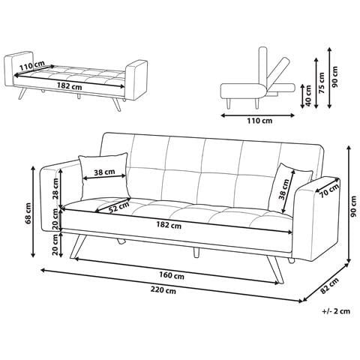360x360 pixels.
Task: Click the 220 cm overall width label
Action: coord(163,290)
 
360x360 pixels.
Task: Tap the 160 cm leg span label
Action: coord(172,276)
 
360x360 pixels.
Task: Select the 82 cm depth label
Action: coord(329,286)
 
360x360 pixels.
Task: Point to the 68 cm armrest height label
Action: coord(28,213)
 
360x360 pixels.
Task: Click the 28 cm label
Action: coord(55,188)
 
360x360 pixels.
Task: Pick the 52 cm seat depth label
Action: coord(119,207)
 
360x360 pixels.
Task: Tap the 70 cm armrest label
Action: coord(330,190)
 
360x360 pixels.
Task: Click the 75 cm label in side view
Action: coord(322,83)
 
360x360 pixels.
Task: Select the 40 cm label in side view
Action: coord(308,96)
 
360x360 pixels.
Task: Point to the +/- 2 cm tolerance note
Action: coord(336,311)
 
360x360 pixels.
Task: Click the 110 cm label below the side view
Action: coord(259,121)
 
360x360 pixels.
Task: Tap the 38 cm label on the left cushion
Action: coord(104,172)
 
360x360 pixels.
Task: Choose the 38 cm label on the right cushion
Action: coord(284,189)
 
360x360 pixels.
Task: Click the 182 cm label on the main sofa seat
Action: coord(169,225)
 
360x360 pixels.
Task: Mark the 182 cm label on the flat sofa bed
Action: coord(69,86)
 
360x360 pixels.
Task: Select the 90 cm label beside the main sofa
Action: coord(353,206)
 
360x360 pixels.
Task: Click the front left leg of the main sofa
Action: coord(78,246)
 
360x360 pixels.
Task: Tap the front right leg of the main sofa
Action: coord(275,269)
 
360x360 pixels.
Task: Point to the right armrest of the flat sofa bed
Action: coord(136,80)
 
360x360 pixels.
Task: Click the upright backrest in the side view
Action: coord(262,65)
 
